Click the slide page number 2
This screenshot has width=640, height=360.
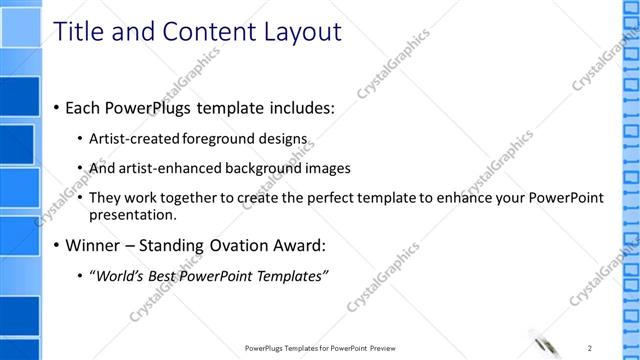[x=591, y=347]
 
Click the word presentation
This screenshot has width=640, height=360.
[x=132, y=214]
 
